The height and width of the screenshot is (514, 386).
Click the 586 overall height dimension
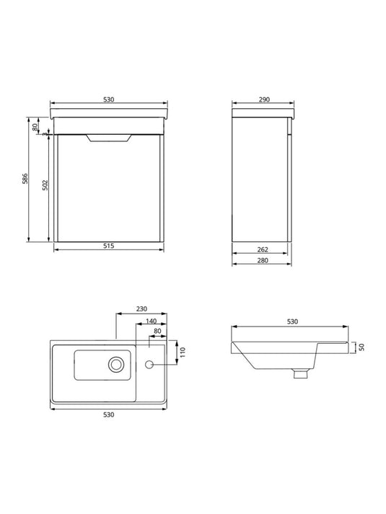(x=25, y=179)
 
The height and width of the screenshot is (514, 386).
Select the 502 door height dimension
(x=45, y=185)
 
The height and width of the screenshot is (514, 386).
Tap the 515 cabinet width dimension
(x=108, y=246)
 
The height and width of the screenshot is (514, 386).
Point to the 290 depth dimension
(x=264, y=99)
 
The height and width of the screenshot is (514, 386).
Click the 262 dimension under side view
(x=263, y=249)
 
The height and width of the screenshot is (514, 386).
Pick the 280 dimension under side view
(x=263, y=260)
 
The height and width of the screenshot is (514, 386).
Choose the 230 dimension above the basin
(x=141, y=309)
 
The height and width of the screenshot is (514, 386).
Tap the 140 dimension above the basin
(x=151, y=322)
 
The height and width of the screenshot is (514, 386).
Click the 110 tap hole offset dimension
(x=183, y=352)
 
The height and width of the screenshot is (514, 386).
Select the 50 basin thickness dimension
(x=361, y=347)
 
